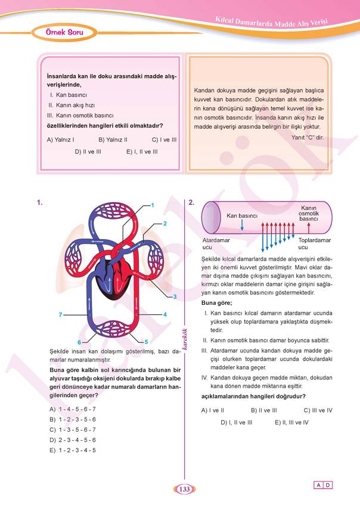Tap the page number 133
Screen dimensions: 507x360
pos(184,489)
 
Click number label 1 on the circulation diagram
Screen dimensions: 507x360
pos(153,205)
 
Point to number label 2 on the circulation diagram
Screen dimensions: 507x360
pos(165,223)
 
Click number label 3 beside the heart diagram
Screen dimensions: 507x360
pos(175,296)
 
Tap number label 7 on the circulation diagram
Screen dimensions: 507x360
pos(60,314)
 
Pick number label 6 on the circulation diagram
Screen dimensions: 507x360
pos(79,342)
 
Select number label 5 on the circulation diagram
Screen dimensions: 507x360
pos(146,342)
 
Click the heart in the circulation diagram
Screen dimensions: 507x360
pos(114,276)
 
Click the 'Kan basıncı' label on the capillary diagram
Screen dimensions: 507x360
pos(242,215)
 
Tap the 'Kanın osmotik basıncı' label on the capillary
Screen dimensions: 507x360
pos(308,213)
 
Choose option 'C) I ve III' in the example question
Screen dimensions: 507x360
pos(164,140)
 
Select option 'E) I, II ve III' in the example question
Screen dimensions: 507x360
pos(142,152)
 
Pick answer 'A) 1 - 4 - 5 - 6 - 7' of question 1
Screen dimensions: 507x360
pos(73,409)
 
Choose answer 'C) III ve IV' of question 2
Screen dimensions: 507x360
pos(318,410)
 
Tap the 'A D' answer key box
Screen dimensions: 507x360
pos(323,485)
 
